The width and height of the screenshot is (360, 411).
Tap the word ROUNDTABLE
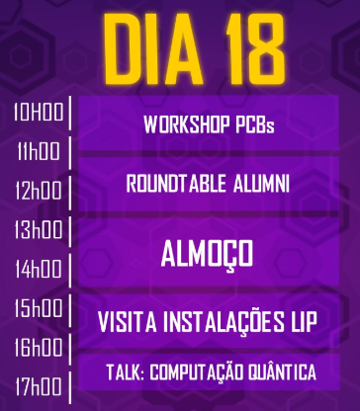tap(177, 183)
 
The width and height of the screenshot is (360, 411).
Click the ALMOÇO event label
tap(207, 254)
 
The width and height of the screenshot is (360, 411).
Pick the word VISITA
tap(133, 321)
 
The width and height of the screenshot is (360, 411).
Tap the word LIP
tap(318, 321)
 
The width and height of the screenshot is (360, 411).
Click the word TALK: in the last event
tap(125, 371)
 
